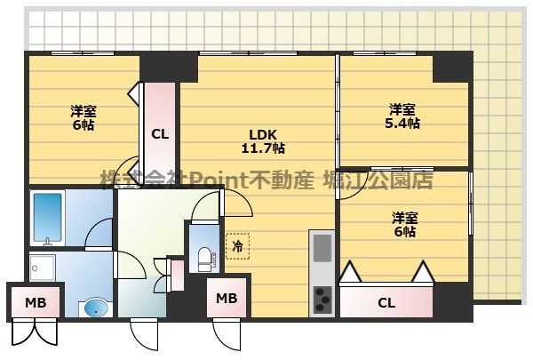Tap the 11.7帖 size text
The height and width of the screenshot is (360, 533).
pyautogui.click(x=265, y=148)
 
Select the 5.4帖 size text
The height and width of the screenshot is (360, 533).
pyautogui.click(x=402, y=124)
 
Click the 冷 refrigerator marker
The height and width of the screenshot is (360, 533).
pyautogui.click(x=237, y=245)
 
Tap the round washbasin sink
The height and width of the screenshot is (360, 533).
pyautogui.click(x=93, y=308)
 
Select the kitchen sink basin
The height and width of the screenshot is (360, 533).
pyautogui.click(x=321, y=246)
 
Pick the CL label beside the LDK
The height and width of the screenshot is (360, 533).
pyautogui.click(x=159, y=135)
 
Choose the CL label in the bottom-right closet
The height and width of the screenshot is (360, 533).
pyautogui.click(x=386, y=303)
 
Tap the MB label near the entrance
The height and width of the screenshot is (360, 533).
pyautogui.click(x=227, y=298)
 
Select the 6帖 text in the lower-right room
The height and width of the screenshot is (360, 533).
pyautogui.click(x=404, y=231)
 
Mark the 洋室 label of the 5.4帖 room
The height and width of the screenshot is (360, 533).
pyautogui.click(x=402, y=109)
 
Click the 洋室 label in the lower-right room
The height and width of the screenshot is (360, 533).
pyautogui.click(x=404, y=216)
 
